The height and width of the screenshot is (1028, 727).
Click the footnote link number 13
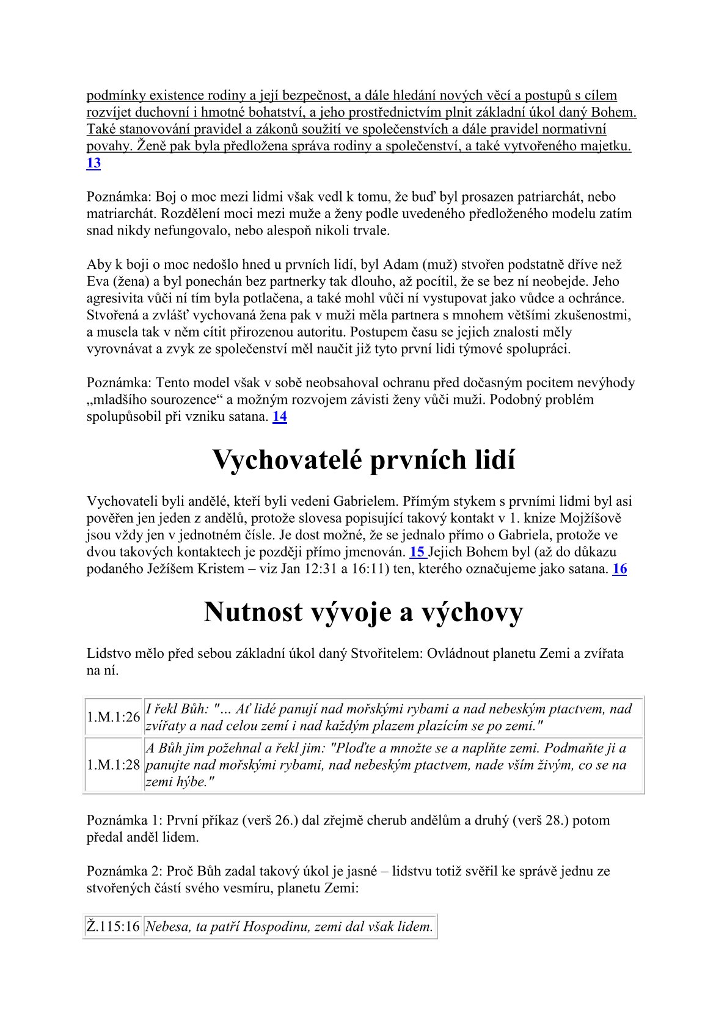(93, 163)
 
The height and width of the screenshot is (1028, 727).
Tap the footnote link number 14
(280, 417)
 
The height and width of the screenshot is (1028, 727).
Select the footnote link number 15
(418, 552)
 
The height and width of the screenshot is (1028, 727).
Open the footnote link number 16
(619, 569)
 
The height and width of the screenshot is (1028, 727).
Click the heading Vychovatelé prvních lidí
(364, 460)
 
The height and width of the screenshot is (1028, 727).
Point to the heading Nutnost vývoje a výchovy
(364, 612)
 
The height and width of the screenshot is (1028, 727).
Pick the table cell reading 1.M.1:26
(114, 717)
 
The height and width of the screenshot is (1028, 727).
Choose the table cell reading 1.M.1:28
(114, 765)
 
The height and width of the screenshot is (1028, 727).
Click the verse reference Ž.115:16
(114, 927)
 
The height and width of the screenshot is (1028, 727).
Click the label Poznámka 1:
(125, 820)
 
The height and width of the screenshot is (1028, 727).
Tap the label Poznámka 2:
(125, 871)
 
